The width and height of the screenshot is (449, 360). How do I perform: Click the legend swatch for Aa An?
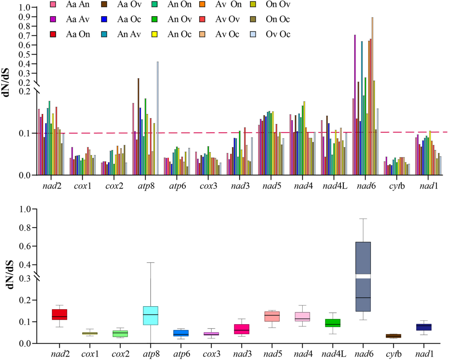[53, 5]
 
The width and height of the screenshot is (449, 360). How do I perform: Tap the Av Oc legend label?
[229, 34]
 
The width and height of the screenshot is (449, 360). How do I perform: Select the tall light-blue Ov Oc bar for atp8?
[158, 118]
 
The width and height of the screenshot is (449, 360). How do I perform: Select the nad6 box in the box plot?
[363, 276]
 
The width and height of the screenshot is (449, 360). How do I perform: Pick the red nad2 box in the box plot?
[59, 314]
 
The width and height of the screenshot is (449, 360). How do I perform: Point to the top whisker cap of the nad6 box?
[363, 218]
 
